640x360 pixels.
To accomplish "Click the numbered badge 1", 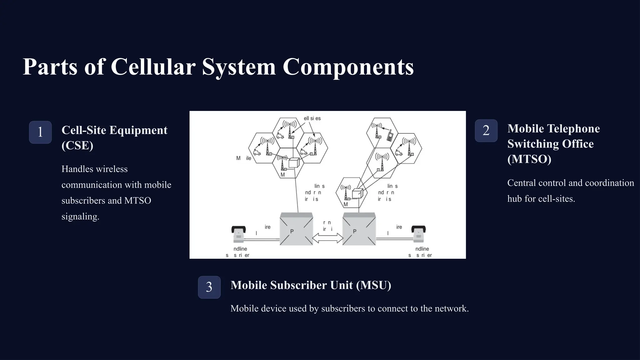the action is tap(40, 132).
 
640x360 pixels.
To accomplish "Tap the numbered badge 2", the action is tap(486, 131).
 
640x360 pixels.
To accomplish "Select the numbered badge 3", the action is tap(209, 287).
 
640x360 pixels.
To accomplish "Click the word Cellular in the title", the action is tap(153, 67).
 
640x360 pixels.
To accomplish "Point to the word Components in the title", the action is tap(348, 67).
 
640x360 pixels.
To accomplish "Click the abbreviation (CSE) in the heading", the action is tap(77, 145).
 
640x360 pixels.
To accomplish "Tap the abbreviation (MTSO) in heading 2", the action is tap(529, 159).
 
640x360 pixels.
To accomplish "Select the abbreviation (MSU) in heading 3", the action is tap(373, 285).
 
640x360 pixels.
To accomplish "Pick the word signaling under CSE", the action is tap(80, 216).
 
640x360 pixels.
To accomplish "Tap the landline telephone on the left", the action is tap(238, 234).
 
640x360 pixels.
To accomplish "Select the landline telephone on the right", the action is tap(418, 234).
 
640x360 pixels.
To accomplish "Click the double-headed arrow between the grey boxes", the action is tap(328, 238).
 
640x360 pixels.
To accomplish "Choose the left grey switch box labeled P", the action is tap(296, 229).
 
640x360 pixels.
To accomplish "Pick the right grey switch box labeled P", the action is tap(359, 229).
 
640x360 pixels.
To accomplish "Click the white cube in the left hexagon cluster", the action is tap(294, 163).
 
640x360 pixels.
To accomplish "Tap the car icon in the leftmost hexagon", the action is tap(257, 152).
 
